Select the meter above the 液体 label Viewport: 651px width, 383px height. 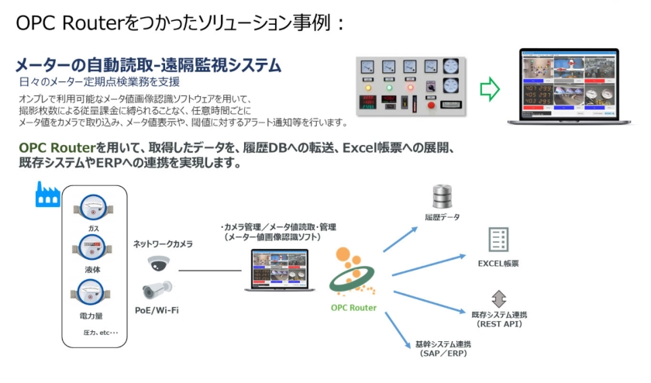[92, 249]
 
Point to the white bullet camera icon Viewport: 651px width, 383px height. [158, 291]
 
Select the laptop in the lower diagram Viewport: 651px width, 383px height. [281, 269]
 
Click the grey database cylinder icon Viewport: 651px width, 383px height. [442, 197]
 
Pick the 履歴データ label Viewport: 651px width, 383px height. [442, 218]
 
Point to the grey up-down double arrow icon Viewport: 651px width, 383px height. [499, 298]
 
